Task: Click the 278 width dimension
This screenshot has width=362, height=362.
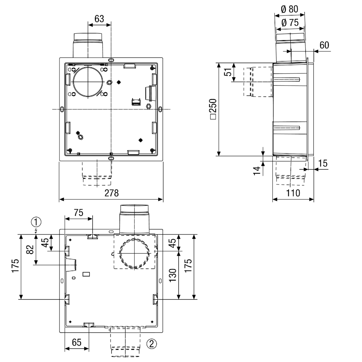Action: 112,193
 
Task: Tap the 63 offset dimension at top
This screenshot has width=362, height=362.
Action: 99,19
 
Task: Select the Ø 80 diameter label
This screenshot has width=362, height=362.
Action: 290,9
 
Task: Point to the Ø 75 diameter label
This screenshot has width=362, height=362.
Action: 290,23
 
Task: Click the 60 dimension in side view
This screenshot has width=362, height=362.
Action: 324,45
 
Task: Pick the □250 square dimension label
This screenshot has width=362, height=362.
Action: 213,109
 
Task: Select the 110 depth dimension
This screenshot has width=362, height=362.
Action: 293,193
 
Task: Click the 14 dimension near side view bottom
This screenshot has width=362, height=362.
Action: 257,170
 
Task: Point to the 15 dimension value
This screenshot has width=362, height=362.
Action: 323,164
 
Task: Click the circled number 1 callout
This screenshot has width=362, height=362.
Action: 36,222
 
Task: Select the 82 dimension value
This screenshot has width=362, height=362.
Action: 30,249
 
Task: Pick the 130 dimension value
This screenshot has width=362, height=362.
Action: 173,275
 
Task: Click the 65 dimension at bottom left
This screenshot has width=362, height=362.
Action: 77,342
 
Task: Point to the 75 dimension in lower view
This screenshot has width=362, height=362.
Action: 79,213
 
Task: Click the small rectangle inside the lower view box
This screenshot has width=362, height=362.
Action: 86,274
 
